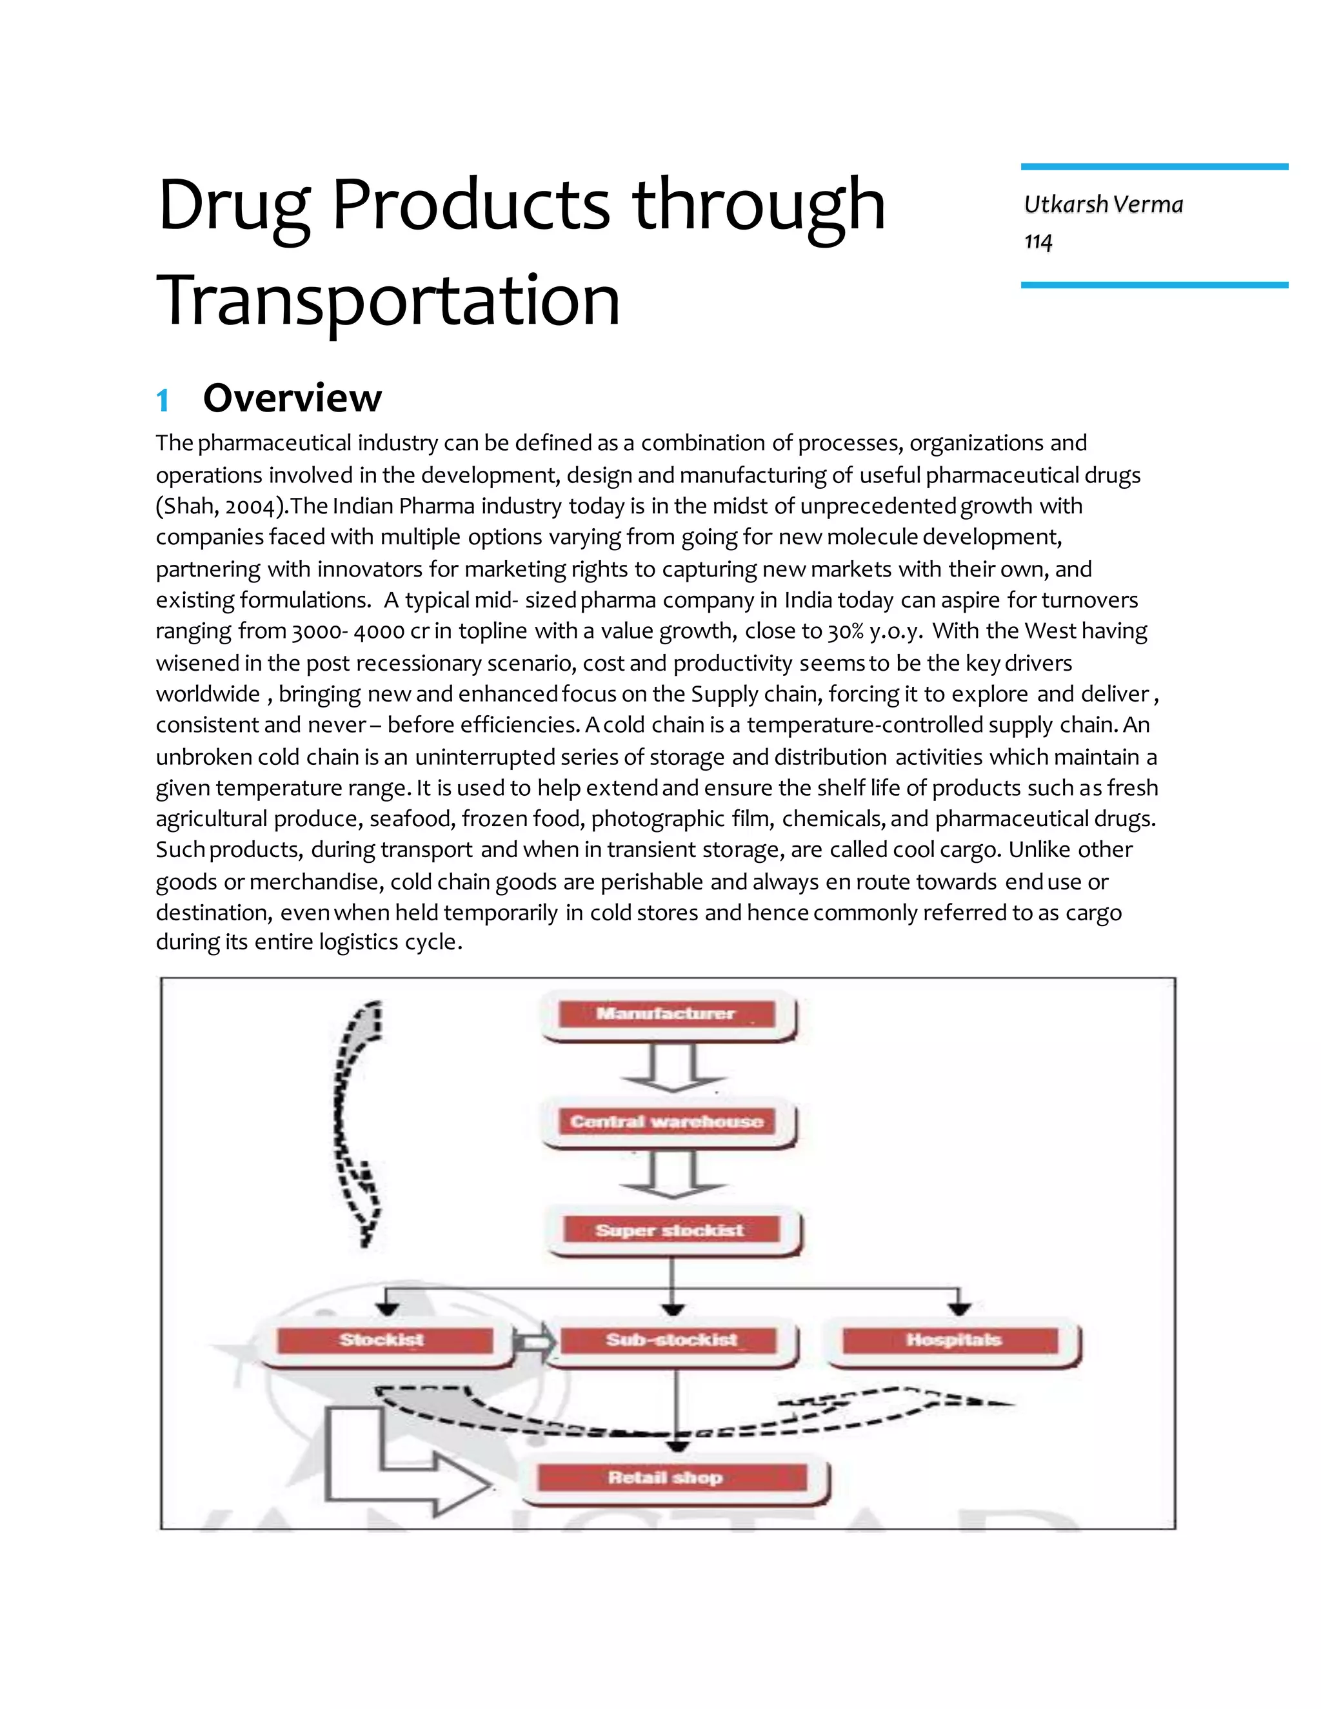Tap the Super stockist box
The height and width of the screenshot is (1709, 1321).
coord(671,1230)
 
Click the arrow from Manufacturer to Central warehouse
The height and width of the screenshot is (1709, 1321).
coord(672,1069)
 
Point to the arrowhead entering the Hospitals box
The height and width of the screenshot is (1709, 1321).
coord(959,1308)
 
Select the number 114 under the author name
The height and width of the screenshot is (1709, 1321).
coord(1038,241)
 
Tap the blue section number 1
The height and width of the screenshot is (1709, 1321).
coord(163,400)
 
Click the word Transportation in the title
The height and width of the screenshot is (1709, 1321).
coord(389,301)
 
